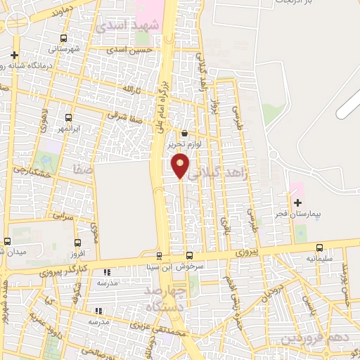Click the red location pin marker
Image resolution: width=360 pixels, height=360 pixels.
[x=181, y=166]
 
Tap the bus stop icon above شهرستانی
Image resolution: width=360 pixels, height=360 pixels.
[x=64, y=39]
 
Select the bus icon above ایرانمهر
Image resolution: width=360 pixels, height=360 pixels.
[x=68, y=117]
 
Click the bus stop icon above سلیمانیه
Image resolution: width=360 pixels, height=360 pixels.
[x=320, y=247]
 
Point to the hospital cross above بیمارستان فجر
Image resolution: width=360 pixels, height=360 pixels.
[x=297, y=202]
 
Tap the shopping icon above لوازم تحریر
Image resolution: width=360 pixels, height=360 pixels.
[x=184, y=133]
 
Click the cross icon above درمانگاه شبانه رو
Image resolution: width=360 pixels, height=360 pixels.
[x=14, y=55]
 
